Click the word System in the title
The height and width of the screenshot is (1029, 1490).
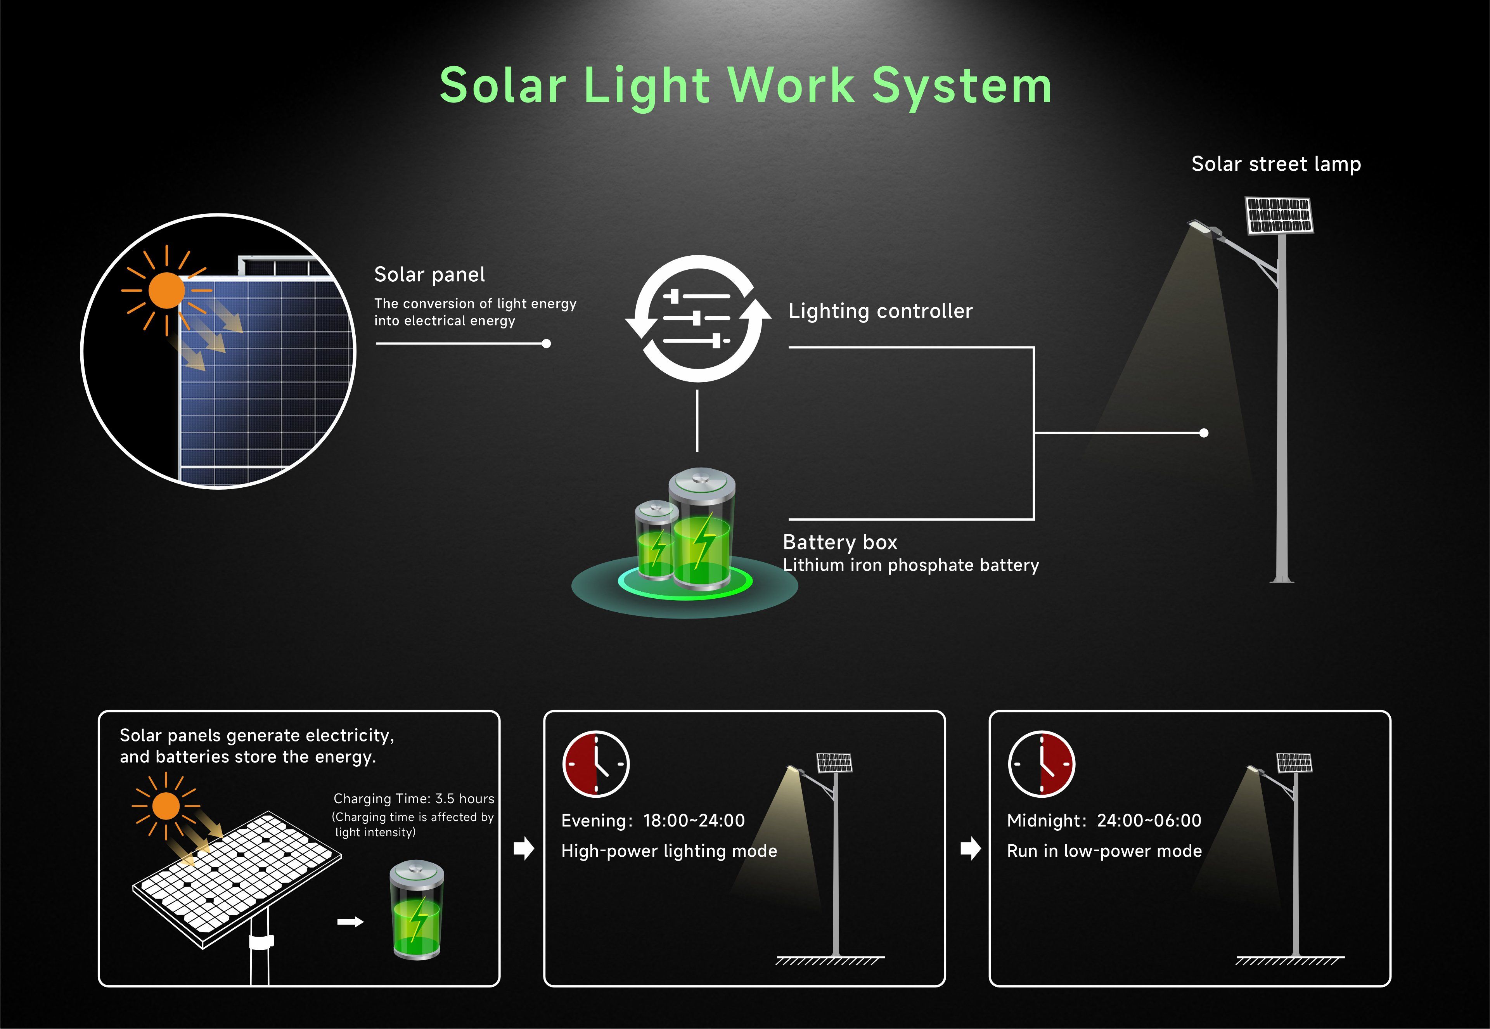(x=962, y=87)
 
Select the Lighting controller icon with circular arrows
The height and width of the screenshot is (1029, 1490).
(x=698, y=319)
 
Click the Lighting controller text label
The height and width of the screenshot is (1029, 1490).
(x=880, y=312)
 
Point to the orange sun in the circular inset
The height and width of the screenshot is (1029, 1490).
(x=166, y=290)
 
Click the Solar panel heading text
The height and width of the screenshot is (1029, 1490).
(x=429, y=275)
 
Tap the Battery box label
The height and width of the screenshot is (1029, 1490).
(x=840, y=542)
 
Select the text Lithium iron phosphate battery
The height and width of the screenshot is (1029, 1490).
(x=910, y=565)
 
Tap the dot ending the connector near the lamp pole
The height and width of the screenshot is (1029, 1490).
(x=1204, y=433)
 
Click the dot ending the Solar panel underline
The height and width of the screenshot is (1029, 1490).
(x=547, y=344)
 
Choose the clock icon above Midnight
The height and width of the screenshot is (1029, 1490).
(x=1042, y=764)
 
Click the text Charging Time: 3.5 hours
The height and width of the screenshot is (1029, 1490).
(x=414, y=799)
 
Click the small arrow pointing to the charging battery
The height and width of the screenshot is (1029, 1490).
(x=350, y=922)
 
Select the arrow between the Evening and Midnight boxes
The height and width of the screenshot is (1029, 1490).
(x=970, y=849)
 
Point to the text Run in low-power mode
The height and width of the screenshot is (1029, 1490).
(x=1104, y=851)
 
